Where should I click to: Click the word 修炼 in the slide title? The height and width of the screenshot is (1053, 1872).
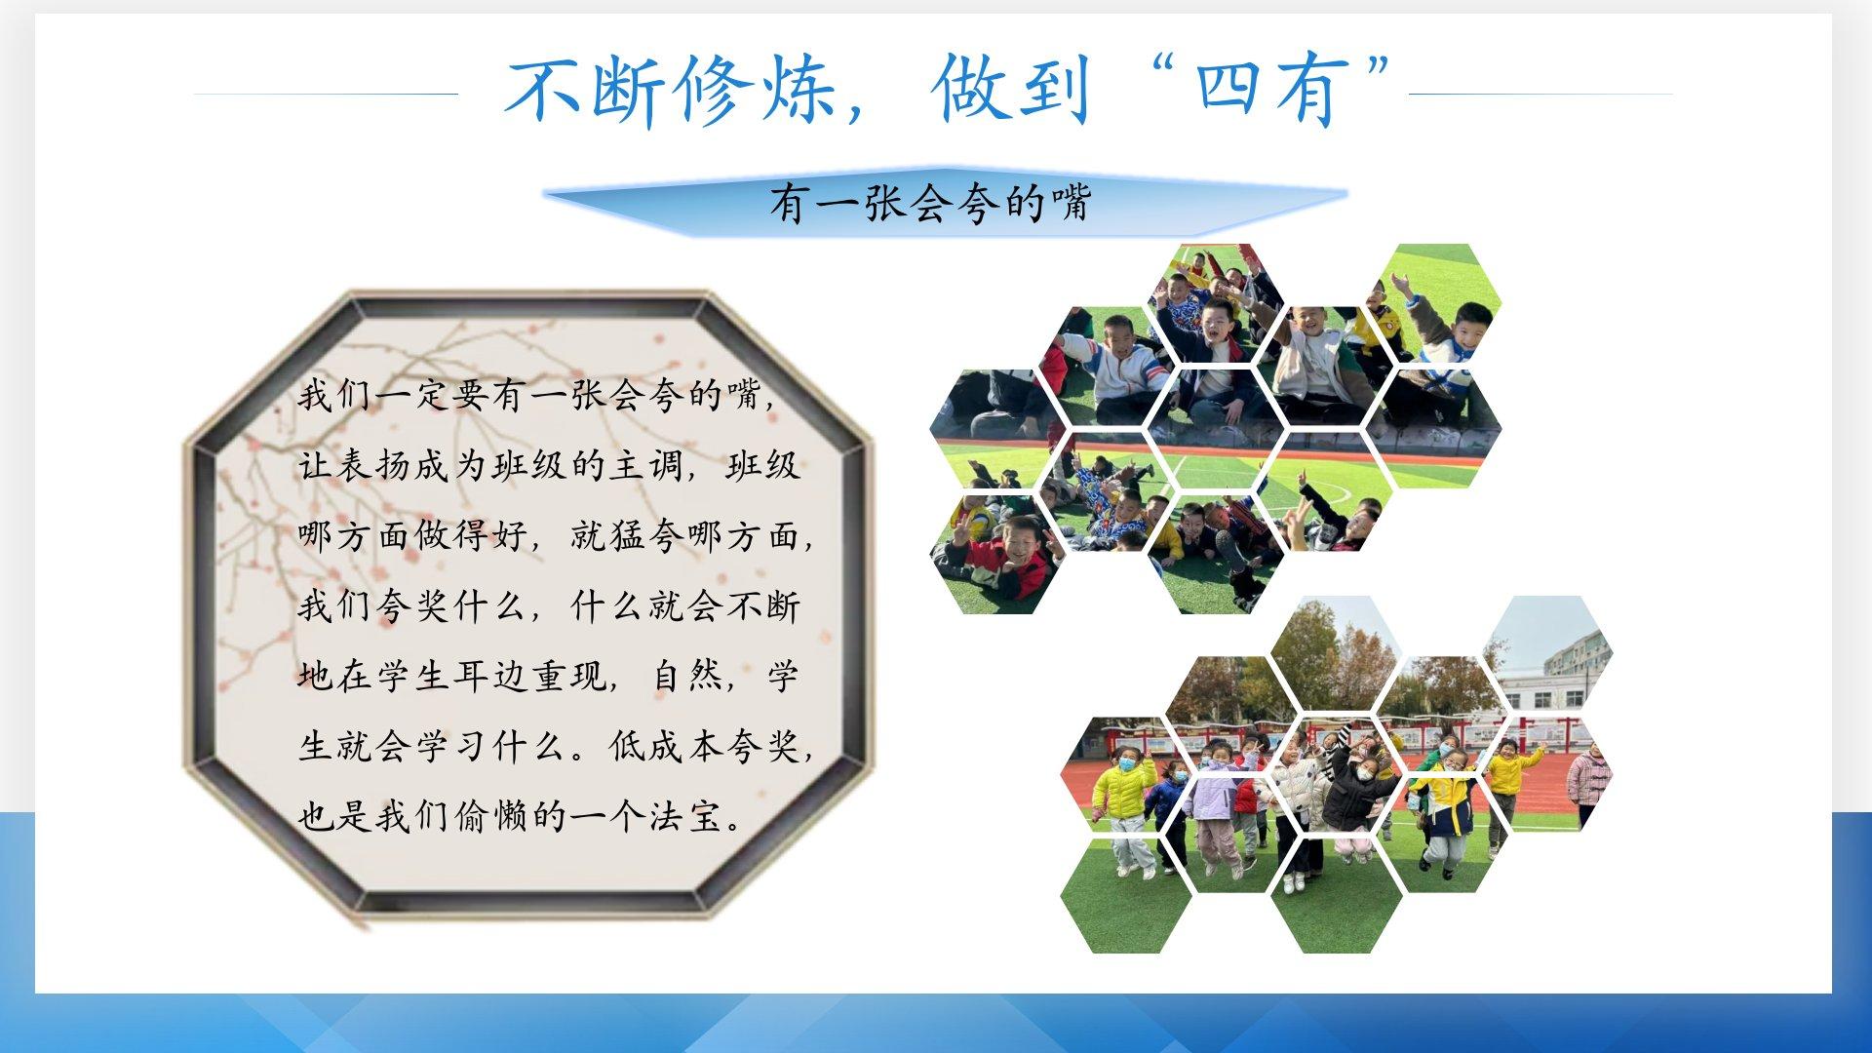tap(744, 92)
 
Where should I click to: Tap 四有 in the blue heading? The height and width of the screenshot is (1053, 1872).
tap(1266, 92)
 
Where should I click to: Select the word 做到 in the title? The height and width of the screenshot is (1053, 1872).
tap(1009, 92)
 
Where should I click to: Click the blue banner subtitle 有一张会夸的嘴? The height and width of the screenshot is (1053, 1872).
tap(930, 204)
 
